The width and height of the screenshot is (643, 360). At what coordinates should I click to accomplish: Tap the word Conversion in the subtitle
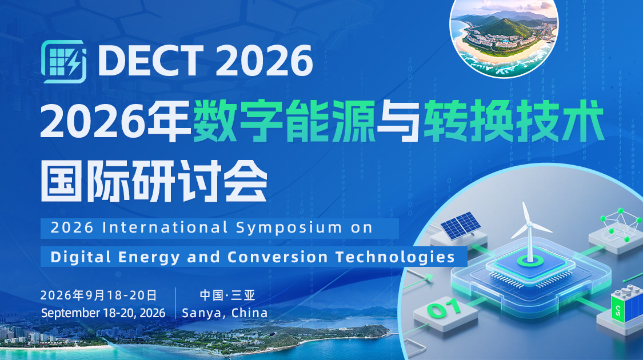(x=278, y=257)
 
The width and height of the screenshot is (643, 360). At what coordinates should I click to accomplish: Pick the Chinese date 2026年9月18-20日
(x=98, y=295)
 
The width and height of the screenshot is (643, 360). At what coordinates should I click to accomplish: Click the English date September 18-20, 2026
(x=103, y=313)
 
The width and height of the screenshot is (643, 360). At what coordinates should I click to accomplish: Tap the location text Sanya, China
(x=225, y=313)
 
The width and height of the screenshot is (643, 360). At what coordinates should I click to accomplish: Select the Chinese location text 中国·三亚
(x=227, y=295)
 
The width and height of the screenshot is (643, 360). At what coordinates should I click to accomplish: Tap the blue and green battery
(x=624, y=307)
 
